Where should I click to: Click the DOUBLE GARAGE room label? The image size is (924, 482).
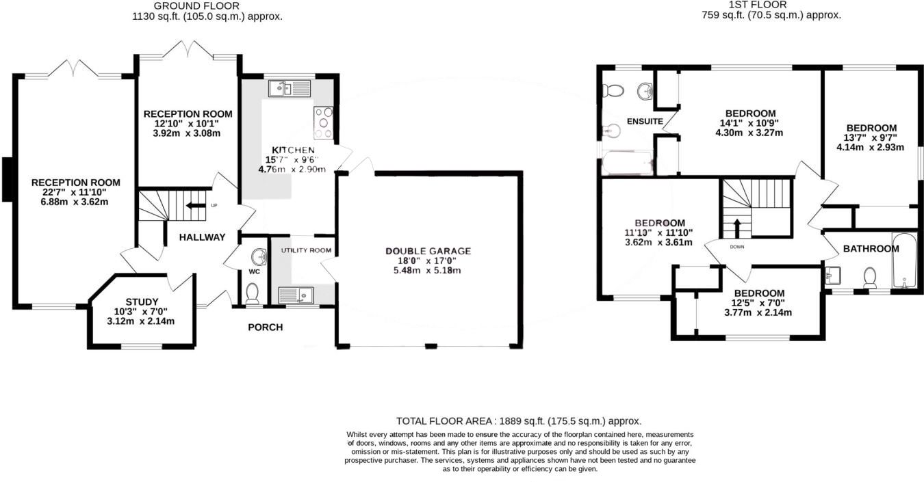click(428, 251)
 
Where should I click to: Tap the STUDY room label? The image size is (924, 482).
click(142, 302)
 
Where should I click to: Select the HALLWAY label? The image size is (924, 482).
click(202, 237)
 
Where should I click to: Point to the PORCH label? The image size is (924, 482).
click(265, 327)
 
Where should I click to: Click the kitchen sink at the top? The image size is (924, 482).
click(290, 88)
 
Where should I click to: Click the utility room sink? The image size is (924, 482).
click(296, 295)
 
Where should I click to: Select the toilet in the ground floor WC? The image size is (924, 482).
click(252, 293)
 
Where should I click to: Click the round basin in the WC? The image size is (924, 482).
click(259, 257)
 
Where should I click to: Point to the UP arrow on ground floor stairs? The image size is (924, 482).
click(196, 204)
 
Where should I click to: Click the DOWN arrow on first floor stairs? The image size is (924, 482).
click(737, 226)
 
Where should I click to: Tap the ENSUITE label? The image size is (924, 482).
click(644, 121)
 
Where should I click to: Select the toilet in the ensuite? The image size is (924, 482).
click(614, 90)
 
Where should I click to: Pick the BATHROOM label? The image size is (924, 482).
click(871, 249)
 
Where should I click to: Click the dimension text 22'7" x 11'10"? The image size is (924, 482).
click(75, 192)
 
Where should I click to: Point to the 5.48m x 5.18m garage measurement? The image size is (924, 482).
click(428, 270)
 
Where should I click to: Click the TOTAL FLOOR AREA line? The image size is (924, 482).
click(518, 421)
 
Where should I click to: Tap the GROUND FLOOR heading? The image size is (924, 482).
click(206, 5)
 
